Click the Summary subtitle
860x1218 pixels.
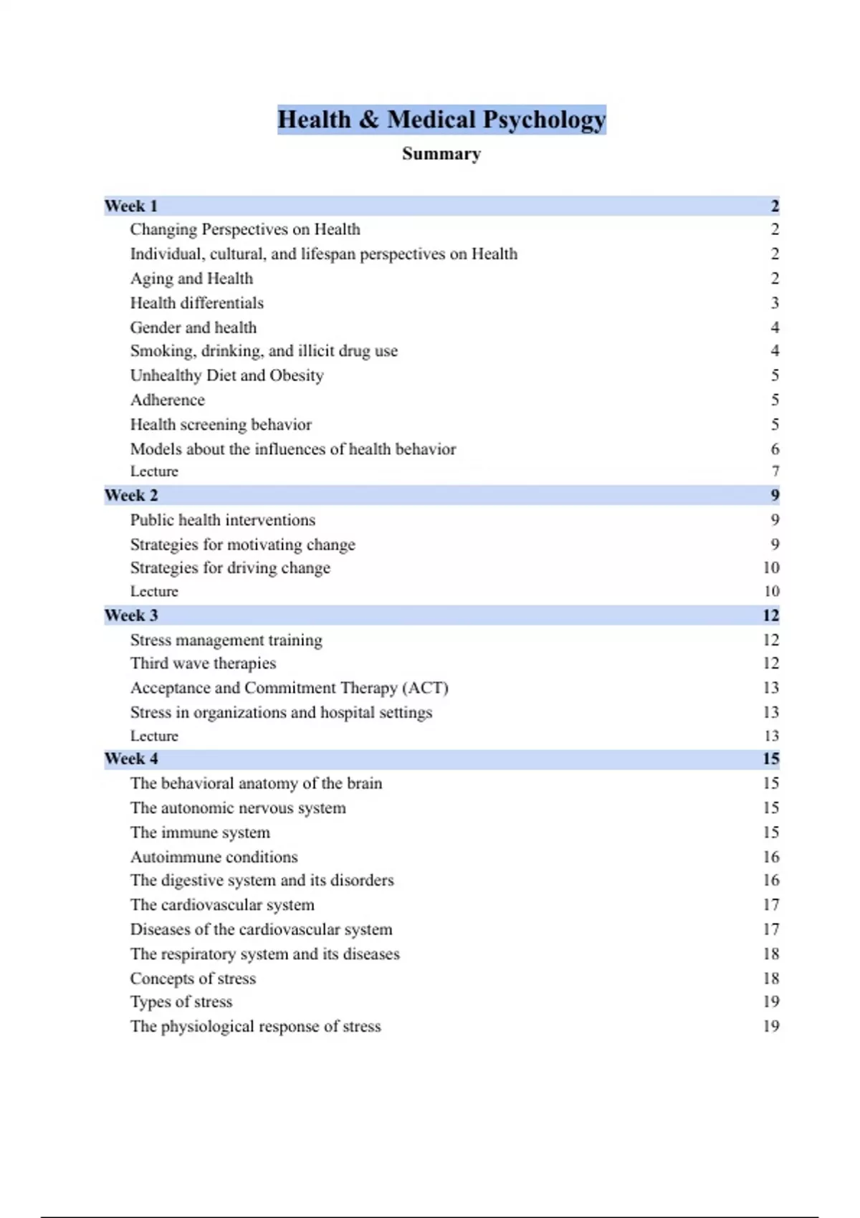coord(441,154)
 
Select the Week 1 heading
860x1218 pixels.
coord(131,206)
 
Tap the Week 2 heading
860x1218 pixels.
coord(131,496)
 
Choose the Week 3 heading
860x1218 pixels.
coord(131,615)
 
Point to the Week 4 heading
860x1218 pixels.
coord(131,759)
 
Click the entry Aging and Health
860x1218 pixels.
coord(191,279)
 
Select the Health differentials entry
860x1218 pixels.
coord(196,303)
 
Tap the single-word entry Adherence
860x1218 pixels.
coord(167,400)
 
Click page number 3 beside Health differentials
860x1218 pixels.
coord(775,303)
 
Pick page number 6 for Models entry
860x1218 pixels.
coord(775,449)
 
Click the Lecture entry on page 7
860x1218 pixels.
coord(154,471)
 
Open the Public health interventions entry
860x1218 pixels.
coord(222,520)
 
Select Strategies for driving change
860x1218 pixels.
coord(230,568)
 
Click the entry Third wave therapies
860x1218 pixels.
coord(203,663)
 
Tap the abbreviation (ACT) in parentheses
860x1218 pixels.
coord(425,688)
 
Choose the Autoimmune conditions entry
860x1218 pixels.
coord(214,857)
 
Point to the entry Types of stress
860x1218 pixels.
coord(181,1002)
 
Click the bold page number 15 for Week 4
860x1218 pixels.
coord(770,759)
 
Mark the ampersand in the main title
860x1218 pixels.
coord(369,120)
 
